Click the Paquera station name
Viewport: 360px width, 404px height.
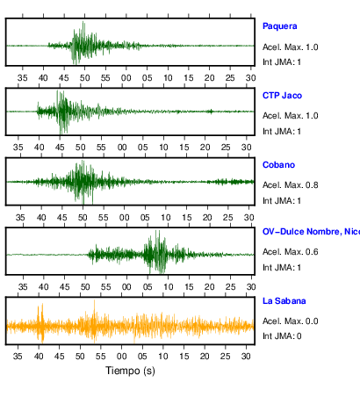coord(279,26)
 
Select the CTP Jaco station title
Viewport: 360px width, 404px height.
coord(282,96)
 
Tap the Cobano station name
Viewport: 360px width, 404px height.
coord(278,165)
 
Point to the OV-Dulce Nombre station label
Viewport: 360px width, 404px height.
coord(311,232)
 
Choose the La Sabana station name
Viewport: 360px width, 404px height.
coord(284,301)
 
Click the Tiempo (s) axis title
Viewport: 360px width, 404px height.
coord(130,371)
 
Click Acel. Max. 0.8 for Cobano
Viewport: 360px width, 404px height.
coord(291,185)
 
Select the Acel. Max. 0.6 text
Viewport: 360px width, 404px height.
coord(291,252)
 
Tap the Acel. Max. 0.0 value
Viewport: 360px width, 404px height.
coord(291,321)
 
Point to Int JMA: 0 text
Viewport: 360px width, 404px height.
coord(282,335)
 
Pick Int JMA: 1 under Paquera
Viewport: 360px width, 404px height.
coord(282,62)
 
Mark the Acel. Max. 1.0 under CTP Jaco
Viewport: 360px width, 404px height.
coord(291,116)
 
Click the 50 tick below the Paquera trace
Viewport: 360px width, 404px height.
coord(85,78)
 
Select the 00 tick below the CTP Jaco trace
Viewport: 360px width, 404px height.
coord(122,147)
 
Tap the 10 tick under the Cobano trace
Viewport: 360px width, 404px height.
coord(166,218)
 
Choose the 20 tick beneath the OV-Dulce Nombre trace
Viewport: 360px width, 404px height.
coord(210,286)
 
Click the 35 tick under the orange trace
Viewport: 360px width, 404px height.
coord(18,356)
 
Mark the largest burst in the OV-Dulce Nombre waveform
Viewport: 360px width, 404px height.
coord(157,252)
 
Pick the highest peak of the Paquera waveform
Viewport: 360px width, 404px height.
coord(83,23)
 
